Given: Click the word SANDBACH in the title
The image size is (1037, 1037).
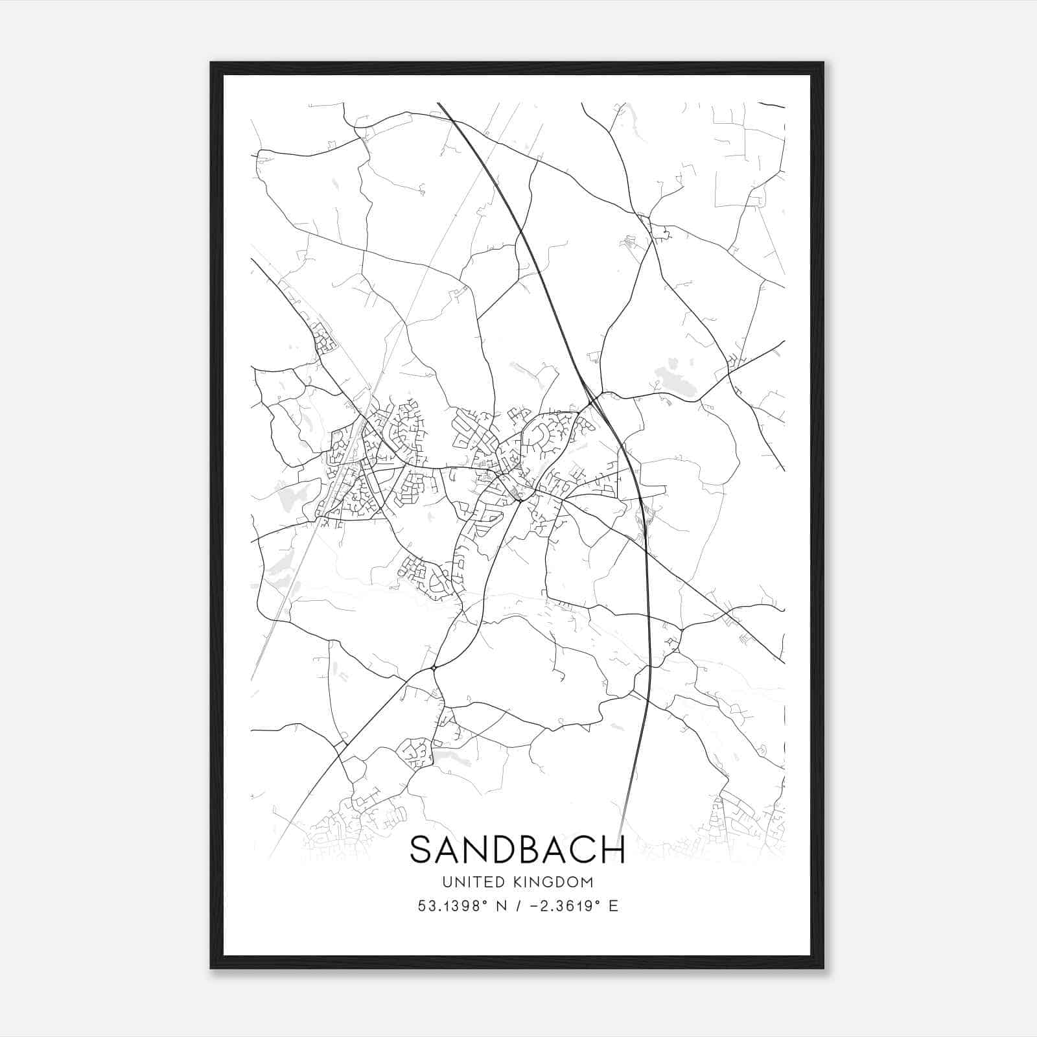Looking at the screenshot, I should click(x=517, y=850).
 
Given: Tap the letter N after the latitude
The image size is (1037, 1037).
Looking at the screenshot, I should click(x=501, y=906).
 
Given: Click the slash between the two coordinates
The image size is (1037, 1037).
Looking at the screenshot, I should click(x=519, y=906).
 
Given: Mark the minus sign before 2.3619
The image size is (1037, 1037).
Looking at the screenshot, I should click(x=535, y=906).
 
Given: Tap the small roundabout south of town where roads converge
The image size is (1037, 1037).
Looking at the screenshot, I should click(x=434, y=668).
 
